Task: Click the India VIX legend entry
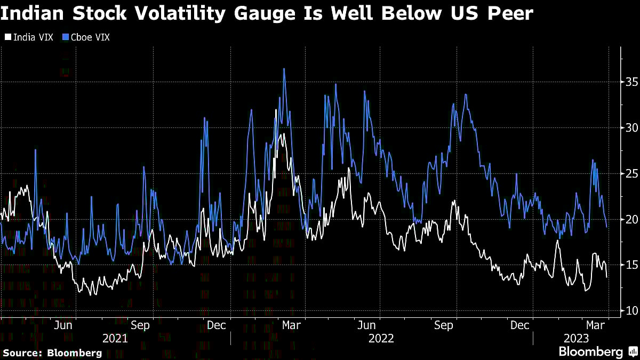point(30,37)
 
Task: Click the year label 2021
point(115,338)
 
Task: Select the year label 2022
point(381,338)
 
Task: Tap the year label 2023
point(576,338)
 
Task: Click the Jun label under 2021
point(63,325)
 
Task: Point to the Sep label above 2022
point(443,325)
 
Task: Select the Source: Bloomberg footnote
point(52,353)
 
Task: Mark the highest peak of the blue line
point(284,69)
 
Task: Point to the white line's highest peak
point(276,110)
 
